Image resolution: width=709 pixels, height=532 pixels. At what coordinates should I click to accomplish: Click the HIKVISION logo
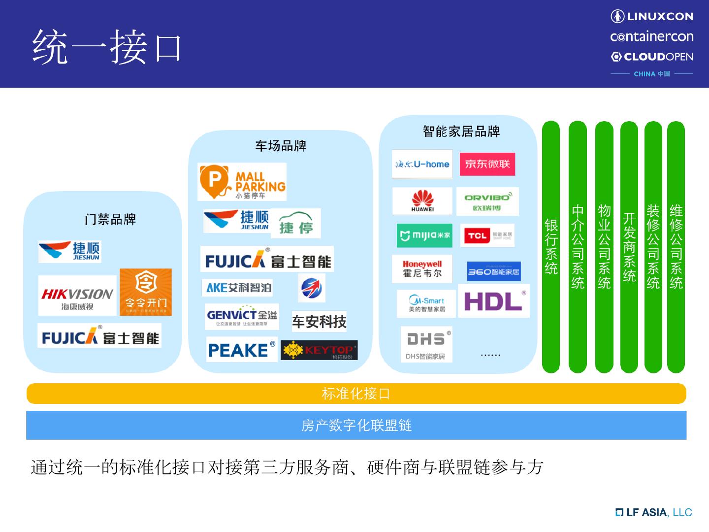tap(77, 296)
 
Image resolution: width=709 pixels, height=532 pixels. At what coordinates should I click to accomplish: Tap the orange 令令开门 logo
tap(146, 292)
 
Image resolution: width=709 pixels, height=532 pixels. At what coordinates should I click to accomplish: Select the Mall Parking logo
tap(242, 182)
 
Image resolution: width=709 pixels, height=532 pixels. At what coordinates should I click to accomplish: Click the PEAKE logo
tap(241, 350)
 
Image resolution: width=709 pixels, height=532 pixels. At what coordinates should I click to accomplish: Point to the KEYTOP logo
tap(319, 350)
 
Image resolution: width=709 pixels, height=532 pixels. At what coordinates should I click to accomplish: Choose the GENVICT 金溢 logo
tap(242, 317)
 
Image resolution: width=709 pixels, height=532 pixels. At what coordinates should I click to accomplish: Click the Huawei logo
tap(422, 201)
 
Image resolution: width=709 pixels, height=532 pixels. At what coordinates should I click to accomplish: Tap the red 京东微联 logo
tap(487, 164)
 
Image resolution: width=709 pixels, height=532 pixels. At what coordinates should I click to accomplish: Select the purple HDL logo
tap(493, 300)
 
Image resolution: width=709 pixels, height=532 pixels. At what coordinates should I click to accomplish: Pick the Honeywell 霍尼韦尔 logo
tap(422, 269)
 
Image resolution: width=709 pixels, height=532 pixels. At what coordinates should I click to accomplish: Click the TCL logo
tap(487, 235)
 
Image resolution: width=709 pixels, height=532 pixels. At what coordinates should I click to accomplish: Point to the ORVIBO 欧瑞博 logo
tap(487, 201)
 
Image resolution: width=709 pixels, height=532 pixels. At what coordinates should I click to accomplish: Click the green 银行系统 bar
tap(551, 246)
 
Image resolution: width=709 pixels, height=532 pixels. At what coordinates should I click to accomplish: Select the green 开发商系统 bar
tap(629, 246)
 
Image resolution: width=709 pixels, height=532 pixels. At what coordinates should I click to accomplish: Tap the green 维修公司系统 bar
tap(676, 246)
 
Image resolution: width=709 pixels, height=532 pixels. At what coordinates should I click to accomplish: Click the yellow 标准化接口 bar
tap(356, 394)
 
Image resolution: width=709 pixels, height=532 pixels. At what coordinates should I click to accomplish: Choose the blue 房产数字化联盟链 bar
tap(356, 425)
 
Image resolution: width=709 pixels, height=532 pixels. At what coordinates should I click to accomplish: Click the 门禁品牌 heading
tap(110, 219)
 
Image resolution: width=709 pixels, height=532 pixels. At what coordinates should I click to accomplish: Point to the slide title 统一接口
tap(107, 47)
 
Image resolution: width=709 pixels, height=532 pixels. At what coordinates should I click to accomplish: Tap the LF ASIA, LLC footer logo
tap(653, 512)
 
